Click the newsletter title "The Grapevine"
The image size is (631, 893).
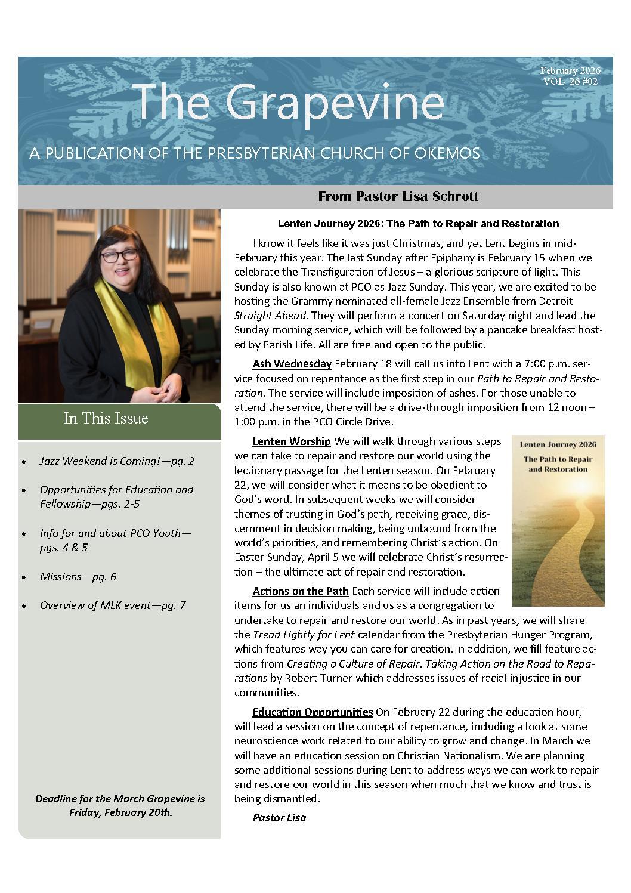[x=290, y=101]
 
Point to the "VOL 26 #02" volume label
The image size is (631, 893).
[x=570, y=82]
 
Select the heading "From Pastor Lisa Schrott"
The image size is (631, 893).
[x=398, y=196]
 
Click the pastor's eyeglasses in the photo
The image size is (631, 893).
[x=119, y=256]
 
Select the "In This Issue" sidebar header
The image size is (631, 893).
[x=106, y=418]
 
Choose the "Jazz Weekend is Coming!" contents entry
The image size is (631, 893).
[x=116, y=461]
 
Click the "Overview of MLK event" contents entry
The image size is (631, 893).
[x=112, y=605]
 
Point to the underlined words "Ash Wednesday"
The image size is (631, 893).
[x=292, y=364]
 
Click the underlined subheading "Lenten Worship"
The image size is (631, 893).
[x=291, y=441]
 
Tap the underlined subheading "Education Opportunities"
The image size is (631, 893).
[x=313, y=712]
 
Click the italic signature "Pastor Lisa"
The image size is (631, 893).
[x=279, y=818]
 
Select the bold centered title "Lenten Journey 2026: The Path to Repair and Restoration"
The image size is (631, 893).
[x=418, y=224]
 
